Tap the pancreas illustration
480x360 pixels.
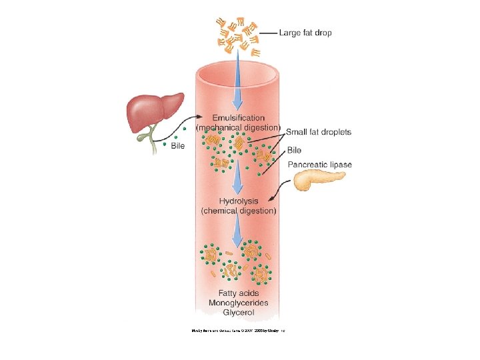(319, 180)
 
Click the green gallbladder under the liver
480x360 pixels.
(143, 135)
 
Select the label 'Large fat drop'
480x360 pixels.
(305, 32)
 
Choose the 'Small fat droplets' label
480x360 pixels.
(319, 132)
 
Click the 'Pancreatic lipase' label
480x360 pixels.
(320, 164)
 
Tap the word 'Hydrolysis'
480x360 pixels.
(239, 201)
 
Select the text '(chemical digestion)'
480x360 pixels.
(239, 211)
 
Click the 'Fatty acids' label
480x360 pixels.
(238, 293)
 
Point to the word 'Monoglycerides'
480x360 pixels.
(238, 303)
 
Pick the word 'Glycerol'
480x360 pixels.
(238, 312)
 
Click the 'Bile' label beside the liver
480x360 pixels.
(177, 145)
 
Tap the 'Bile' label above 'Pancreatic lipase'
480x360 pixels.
(294, 150)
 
